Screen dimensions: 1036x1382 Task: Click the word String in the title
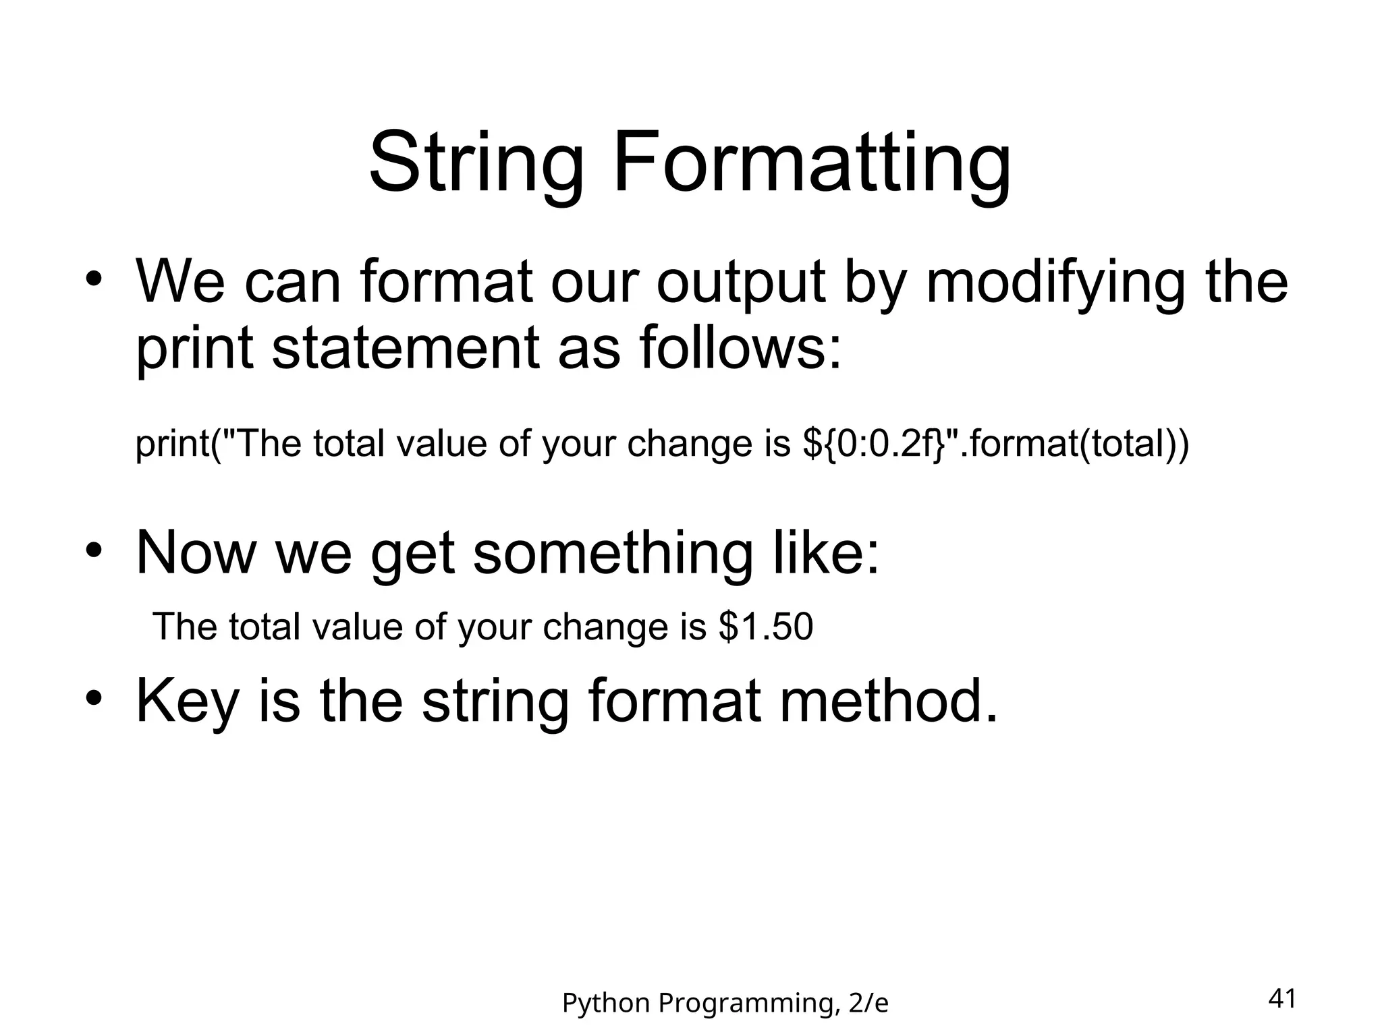[x=476, y=164]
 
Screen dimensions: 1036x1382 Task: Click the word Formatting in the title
[x=812, y=164]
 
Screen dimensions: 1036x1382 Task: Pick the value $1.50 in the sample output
[x=766, y=627]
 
